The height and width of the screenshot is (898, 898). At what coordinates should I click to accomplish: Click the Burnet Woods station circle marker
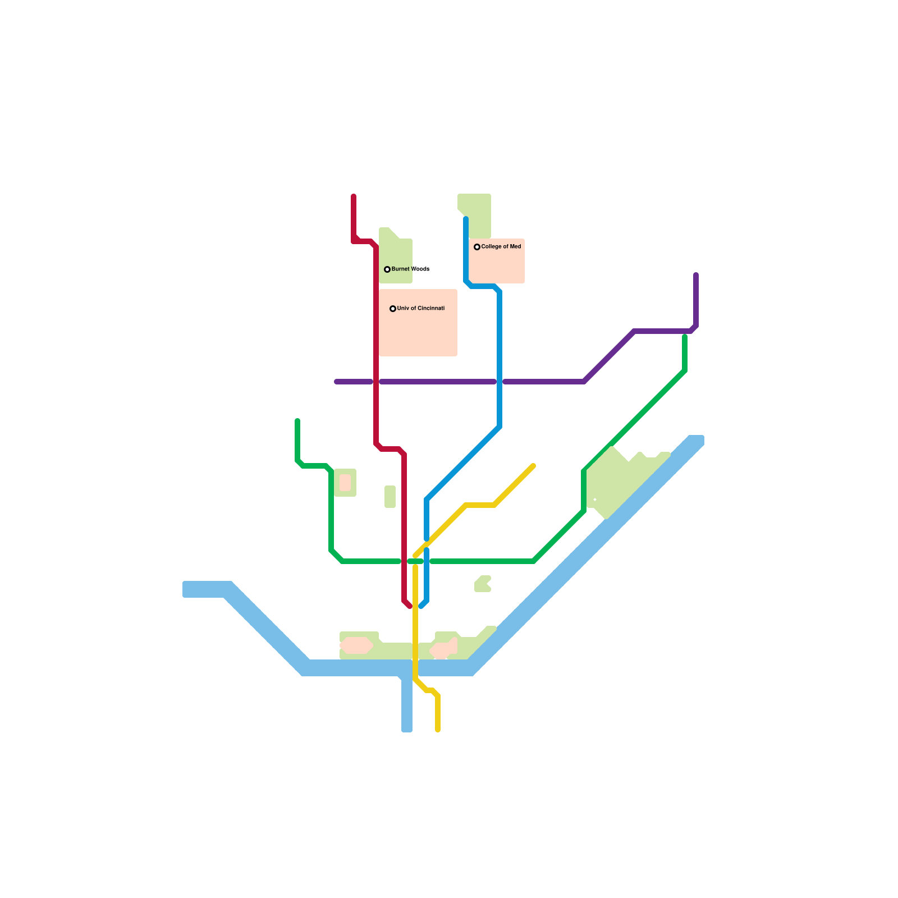coord(387,269)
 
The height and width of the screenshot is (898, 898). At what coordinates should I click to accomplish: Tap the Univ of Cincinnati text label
coord(421,308)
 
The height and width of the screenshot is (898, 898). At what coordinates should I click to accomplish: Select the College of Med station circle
coord(477,247)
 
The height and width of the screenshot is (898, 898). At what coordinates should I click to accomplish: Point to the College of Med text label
coord(501,246)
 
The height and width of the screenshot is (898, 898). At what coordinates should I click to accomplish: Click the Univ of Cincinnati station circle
coord(393,309)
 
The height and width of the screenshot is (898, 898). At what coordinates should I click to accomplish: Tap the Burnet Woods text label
coord(410,269)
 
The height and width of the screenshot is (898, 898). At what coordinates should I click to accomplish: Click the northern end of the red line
coord(354,196)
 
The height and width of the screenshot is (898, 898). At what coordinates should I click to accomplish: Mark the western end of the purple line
coord(337,382)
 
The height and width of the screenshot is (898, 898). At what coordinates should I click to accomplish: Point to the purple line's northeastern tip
coord(696,275)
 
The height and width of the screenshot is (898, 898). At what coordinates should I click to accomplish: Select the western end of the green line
coord(297,421)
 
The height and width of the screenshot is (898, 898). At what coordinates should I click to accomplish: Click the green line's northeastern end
coord(685,337)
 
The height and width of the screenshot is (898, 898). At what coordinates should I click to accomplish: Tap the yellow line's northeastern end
coord(533,466)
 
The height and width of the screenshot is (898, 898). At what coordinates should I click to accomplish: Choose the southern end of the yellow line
coord(438,730)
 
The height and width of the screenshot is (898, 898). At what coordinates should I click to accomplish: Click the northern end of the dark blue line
coord(466,219)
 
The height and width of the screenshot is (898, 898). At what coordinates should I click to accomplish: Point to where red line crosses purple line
coord(376,382)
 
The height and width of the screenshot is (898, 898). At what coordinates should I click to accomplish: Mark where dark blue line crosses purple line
coord(500,382)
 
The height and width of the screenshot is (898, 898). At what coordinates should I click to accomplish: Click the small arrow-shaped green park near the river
coord(483,584)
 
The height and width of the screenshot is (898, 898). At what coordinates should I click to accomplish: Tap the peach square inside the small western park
coord(345,483)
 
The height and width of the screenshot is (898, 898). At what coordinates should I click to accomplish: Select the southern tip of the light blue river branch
coord(407,729)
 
